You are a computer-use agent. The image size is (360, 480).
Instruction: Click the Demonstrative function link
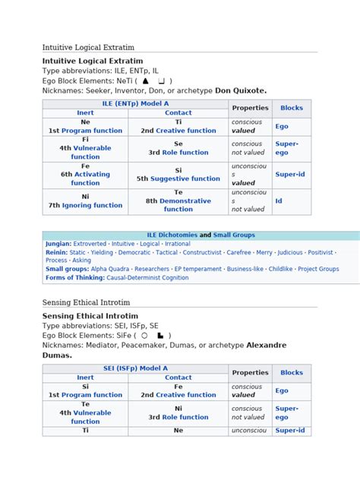178,205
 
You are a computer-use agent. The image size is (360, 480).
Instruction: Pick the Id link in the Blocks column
279,201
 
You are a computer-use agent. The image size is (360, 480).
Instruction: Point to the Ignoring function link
90,205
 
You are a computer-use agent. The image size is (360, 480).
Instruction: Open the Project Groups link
318,269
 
